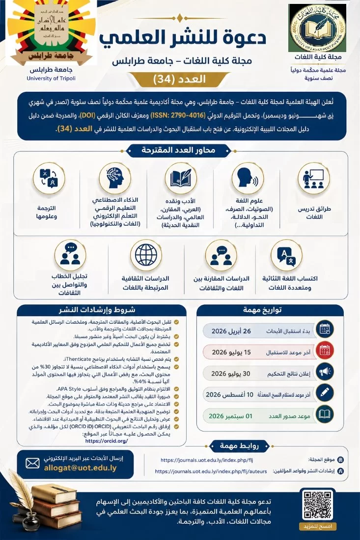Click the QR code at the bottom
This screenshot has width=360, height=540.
pyautogui.click(x=318, y=506)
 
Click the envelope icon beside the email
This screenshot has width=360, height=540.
pyautogui.click(x=32, y=462)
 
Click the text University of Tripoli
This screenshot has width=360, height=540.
pyautogui.click(x=52, y=78)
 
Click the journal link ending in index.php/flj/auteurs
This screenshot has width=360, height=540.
pyautogui.click(x=211, y=471)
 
